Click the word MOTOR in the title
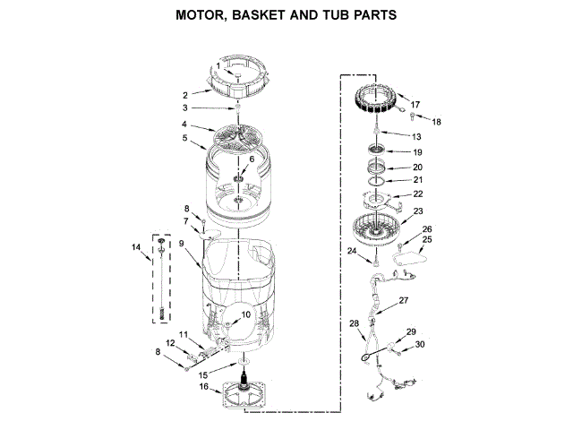tap(204, 15)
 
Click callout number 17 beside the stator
tap(415, 105)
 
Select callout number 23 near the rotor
tap(417, 212)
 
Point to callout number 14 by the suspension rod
tap(136, 246)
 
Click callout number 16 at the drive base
tap(203, 387)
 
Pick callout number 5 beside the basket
tap(184, 138)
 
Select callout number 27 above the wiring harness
tap(403, 300)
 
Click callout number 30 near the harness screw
tap(420, 344)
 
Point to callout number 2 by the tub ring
tap(184, 94)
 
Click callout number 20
tap(417, 167)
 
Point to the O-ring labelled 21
tap(378, 179)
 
